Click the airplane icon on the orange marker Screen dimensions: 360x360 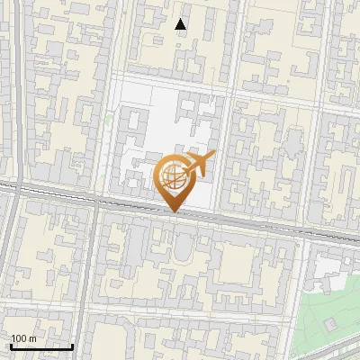[x=200, y=163]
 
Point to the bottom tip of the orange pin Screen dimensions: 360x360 [x=174, y=212]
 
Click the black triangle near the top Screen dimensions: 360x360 [x=181, y=24]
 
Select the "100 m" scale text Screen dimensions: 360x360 [x=23, y=338]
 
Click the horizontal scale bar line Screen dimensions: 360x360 [x=40, y=346]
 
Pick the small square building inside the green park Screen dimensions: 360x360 [x=331, y=323]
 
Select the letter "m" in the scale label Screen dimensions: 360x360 [x=32, y=338]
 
